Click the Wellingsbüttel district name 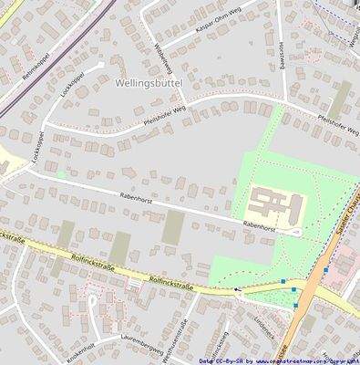[150, 82]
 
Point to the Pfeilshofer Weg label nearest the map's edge [336, 120]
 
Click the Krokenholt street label [79, 350]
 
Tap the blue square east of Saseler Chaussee [325, 269]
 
